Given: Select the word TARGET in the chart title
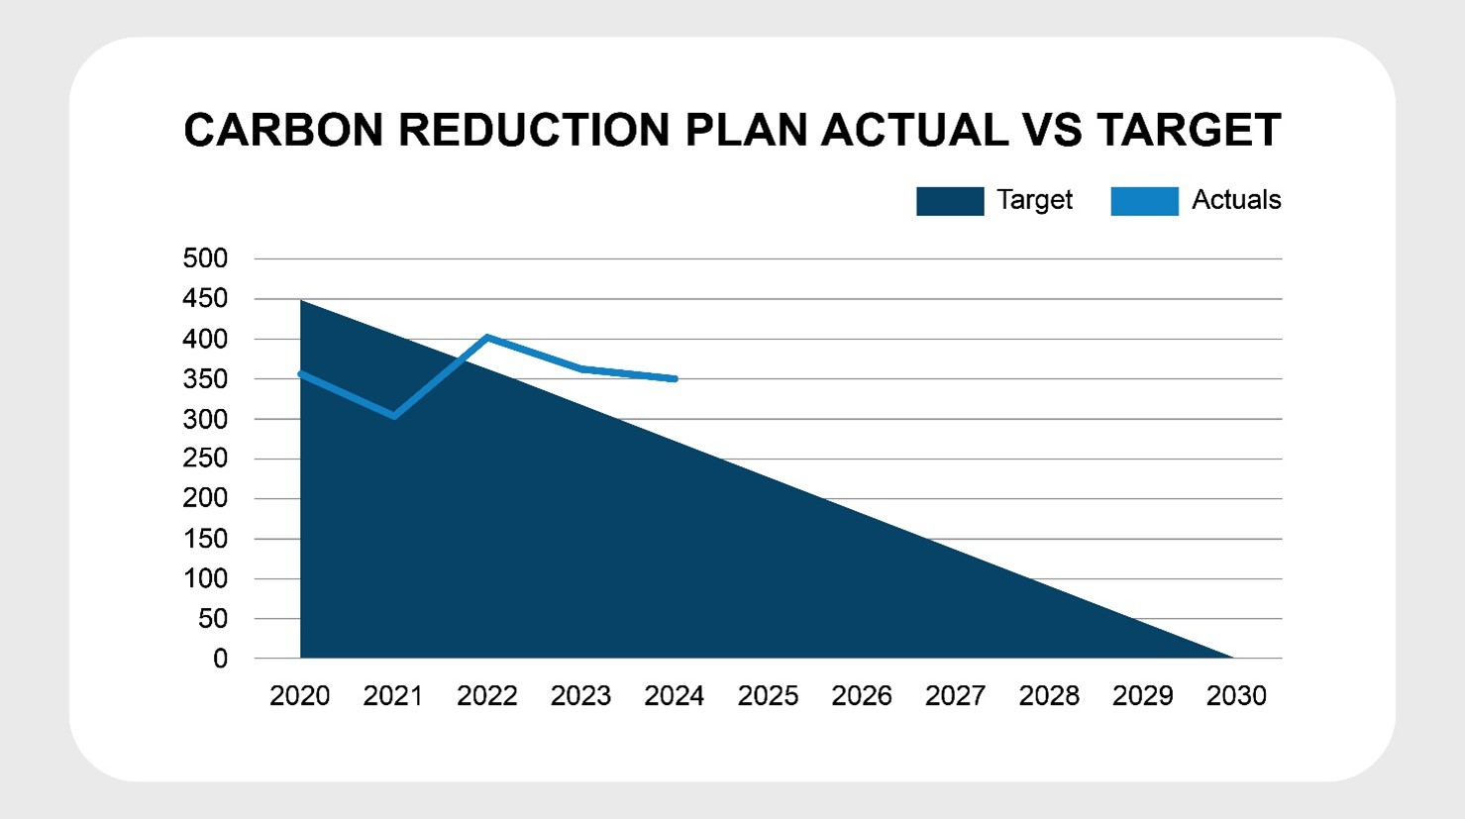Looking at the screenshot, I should coord(1189,131).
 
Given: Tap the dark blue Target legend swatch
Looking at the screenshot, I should coord(949,201).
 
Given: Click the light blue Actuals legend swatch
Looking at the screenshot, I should coord(1144,201).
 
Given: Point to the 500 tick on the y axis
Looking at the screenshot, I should coord(205,258).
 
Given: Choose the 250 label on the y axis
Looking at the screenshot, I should coord(205,459).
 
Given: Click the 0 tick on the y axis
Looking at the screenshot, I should coord(220,659).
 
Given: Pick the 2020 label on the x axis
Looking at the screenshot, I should coord(299,696).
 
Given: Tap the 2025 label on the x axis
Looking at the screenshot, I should coord(768,696).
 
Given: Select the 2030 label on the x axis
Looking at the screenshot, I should coord(1236,696).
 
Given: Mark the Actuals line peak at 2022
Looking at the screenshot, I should coord(487,338).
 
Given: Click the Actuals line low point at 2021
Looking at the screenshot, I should coord(394,416).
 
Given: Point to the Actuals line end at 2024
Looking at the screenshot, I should coord(675,378).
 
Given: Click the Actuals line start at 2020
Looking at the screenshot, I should coord(300,373).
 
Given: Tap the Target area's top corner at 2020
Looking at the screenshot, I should coord(300,300).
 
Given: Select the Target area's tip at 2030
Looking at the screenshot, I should coord(1232,657).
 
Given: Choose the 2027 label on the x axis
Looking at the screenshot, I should coord(955,696).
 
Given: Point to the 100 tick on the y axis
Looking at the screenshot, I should coord(205,578).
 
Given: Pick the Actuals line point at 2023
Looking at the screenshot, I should coord(581,368).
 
